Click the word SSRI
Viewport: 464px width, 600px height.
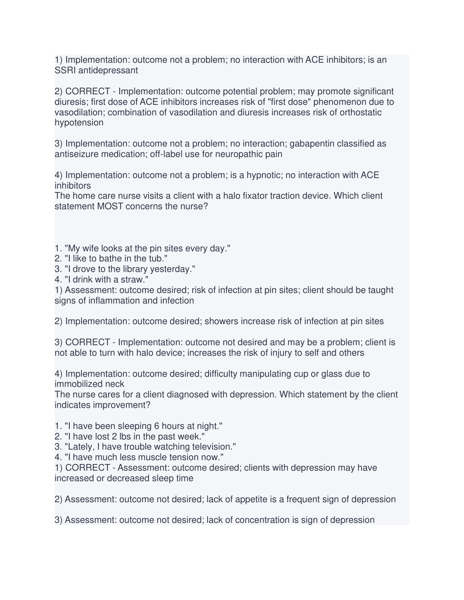(x=64, y=71)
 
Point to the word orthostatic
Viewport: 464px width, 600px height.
(x=361, y=113)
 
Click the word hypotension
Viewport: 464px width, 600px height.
(x=79, y=123)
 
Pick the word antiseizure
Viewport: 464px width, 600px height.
(x=76, y=154)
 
